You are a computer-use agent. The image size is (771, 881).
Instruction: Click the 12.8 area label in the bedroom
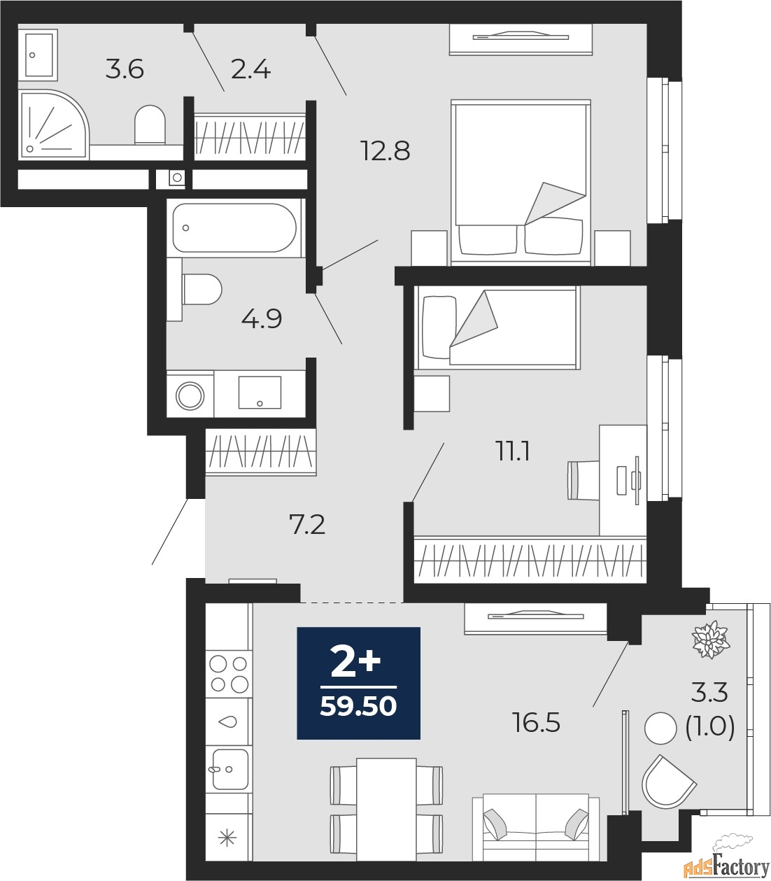click(385, 150)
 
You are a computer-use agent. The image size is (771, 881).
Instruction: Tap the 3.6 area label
click(125, 69)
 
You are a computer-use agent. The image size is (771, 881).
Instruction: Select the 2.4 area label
click(250, 69)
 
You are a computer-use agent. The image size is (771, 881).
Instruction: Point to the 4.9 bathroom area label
click(262, 319)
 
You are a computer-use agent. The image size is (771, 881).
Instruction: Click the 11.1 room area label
click(513, 451)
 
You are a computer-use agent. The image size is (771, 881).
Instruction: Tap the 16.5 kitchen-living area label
click(536, 723)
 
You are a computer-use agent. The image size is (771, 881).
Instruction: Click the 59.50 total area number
click(358, 707)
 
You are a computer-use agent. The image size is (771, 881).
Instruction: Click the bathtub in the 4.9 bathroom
click(234, 228)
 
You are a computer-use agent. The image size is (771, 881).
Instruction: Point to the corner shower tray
click(54, 125)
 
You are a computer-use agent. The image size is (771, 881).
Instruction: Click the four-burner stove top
click(229, 674)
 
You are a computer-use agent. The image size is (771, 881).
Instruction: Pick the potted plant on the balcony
click(710, 640)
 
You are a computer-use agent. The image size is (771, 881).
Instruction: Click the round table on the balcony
click(660, 728)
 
